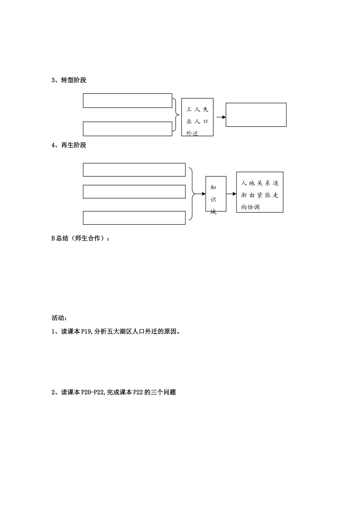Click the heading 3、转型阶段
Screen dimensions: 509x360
pyautogui.click(x=69, y=80)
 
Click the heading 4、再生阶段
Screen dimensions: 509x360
pyautogui.click(x=69, y=145)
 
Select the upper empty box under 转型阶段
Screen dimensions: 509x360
pyautogui.click(x=127, y=101)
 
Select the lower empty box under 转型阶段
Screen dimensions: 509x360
pyautogui.click(x=127, y=129)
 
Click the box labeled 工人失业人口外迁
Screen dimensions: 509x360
pyautogui.click(x=197, y=117)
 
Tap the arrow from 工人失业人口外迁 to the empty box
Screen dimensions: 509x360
pyautogui.click(x=221, y=117)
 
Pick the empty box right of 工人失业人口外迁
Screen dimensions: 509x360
pyautogui.click(x=256, y=115)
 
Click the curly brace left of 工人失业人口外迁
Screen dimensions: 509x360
pyautogui.click(x=176, y=115)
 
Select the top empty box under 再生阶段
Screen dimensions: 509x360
pyautogui.click(x=134, y=170)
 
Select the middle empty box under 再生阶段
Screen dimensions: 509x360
pyautogui.click(x=134, y=192)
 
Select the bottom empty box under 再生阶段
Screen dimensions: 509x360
pyautogui.click(x=134, y=218)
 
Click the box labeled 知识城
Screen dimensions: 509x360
pyautogui.click(x=216, y=194)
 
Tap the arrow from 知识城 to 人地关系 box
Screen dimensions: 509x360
pyautogui.click(x=231, y=194)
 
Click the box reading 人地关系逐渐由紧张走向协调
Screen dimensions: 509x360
pyautogui.click(x=260, y=192)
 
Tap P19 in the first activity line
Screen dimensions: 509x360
pyautogui.click(x=86, y=332)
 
